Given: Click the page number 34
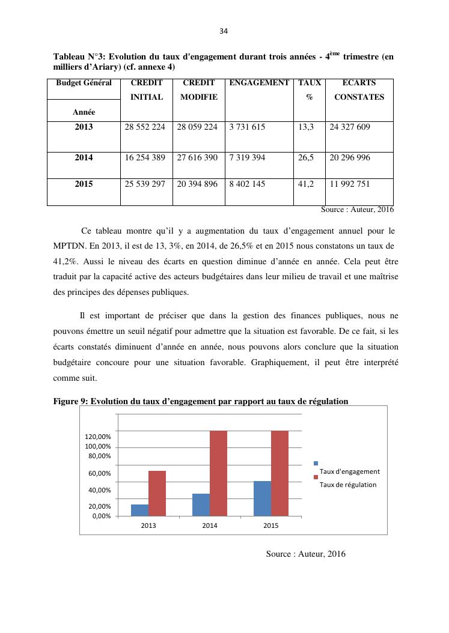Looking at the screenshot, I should tap(224, 31).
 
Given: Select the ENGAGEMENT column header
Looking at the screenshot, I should tap(259, 83).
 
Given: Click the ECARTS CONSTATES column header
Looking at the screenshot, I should tap(359, 90).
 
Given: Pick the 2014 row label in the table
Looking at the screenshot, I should tap(84, 157).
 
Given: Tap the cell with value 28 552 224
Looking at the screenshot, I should tap(145, 127).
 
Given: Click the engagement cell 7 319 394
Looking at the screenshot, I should tap(247, 157).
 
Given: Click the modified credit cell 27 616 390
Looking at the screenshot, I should tap(198, 157).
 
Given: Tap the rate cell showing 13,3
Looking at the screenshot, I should tap(307, 127).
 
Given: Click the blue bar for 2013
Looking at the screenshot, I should tap(139, 510).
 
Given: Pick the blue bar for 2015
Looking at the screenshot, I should tap(262, 498).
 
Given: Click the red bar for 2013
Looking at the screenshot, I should tap(157, 493).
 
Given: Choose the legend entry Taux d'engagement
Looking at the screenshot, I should tap(349, 471).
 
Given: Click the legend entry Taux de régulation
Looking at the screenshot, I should tap(348, 485).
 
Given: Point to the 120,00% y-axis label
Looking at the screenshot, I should tap(97, 437).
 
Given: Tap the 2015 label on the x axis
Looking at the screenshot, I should tap(271, 526).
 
